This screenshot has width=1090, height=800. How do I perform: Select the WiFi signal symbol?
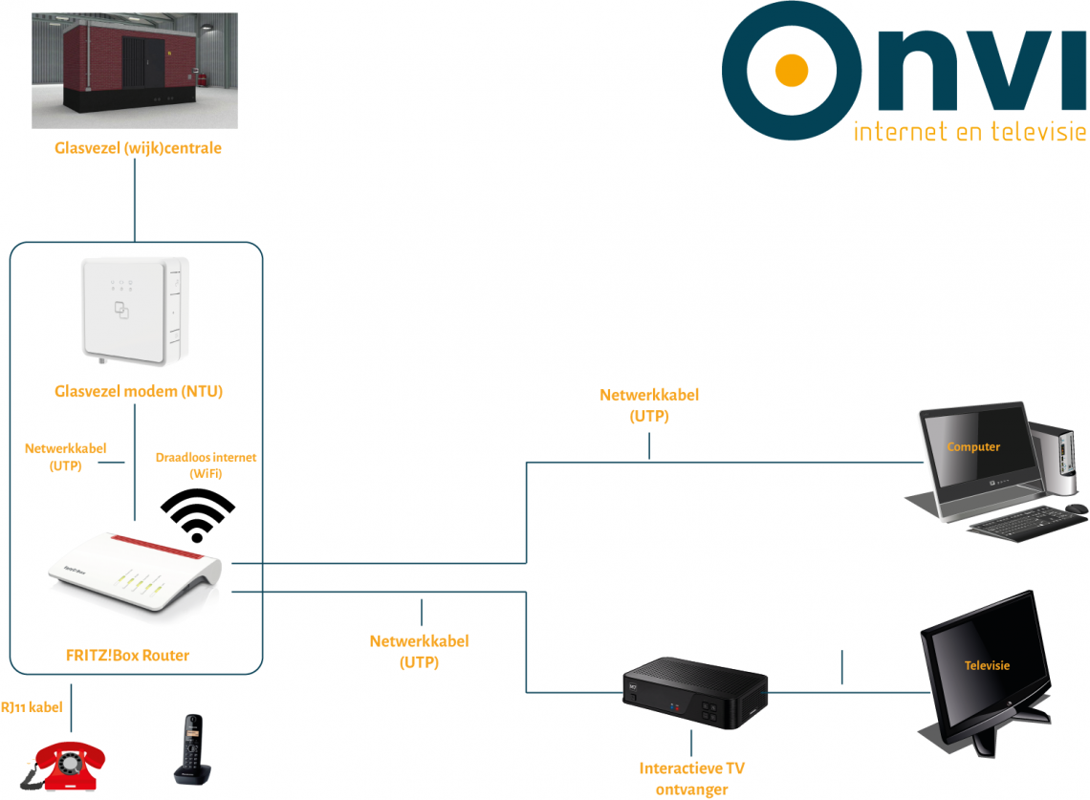coord(198,515)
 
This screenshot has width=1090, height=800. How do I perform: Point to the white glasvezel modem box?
coord(134,311)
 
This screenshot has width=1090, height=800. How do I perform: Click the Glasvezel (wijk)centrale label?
coord(138,148)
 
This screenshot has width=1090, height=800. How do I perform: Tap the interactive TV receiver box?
coord(694,695)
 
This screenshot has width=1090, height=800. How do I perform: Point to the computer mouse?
coord(1077,508)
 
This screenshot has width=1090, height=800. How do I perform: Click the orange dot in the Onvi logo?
coord(791,70)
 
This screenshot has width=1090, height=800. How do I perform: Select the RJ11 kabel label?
coord(32,707)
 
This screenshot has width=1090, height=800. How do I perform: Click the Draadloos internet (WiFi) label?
coord(206,465)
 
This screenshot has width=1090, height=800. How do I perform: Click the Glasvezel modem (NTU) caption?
coord(139,390)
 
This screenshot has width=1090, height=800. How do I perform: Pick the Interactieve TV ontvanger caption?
coord(691,779)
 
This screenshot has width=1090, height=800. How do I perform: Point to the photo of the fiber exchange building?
coord(135,70)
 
